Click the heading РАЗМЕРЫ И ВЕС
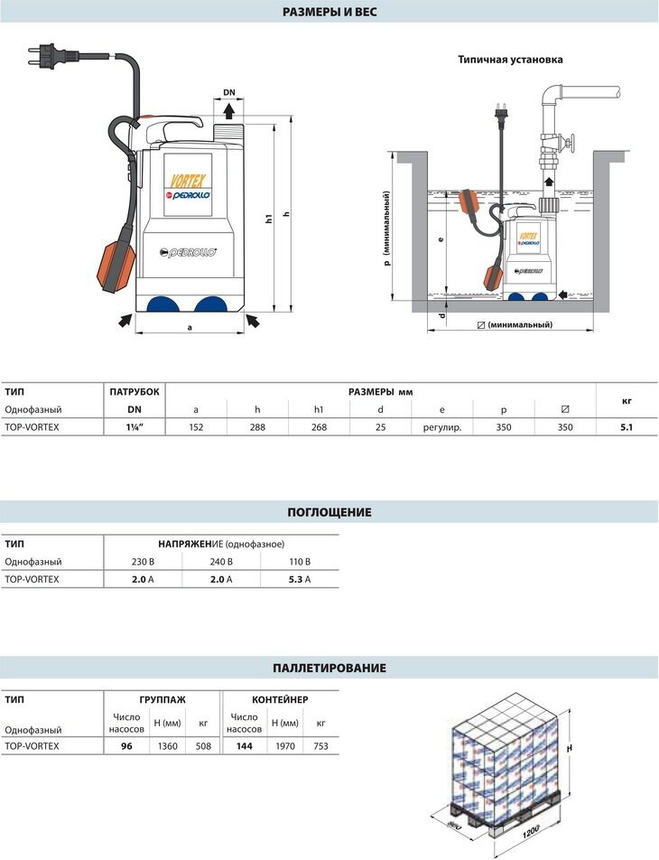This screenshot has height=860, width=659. tap(329, 12)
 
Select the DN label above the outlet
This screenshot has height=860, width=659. tap(229, 92)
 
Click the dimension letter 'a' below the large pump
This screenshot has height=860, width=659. tap(190, 327)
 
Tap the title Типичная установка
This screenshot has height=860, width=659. tap(510, 60)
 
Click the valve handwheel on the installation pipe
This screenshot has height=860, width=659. tap(568, 141)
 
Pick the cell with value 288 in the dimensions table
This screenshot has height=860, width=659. tap(257, 427)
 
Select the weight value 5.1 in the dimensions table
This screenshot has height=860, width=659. tap(627, 427)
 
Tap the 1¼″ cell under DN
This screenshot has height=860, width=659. tap(135, 427)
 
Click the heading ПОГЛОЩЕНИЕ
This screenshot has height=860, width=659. tap(329, 512)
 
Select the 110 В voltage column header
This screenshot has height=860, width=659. tap(299, 562)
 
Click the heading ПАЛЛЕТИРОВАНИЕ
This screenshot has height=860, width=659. tap(329, 668)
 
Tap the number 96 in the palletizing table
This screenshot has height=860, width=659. tap(126, 746)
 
